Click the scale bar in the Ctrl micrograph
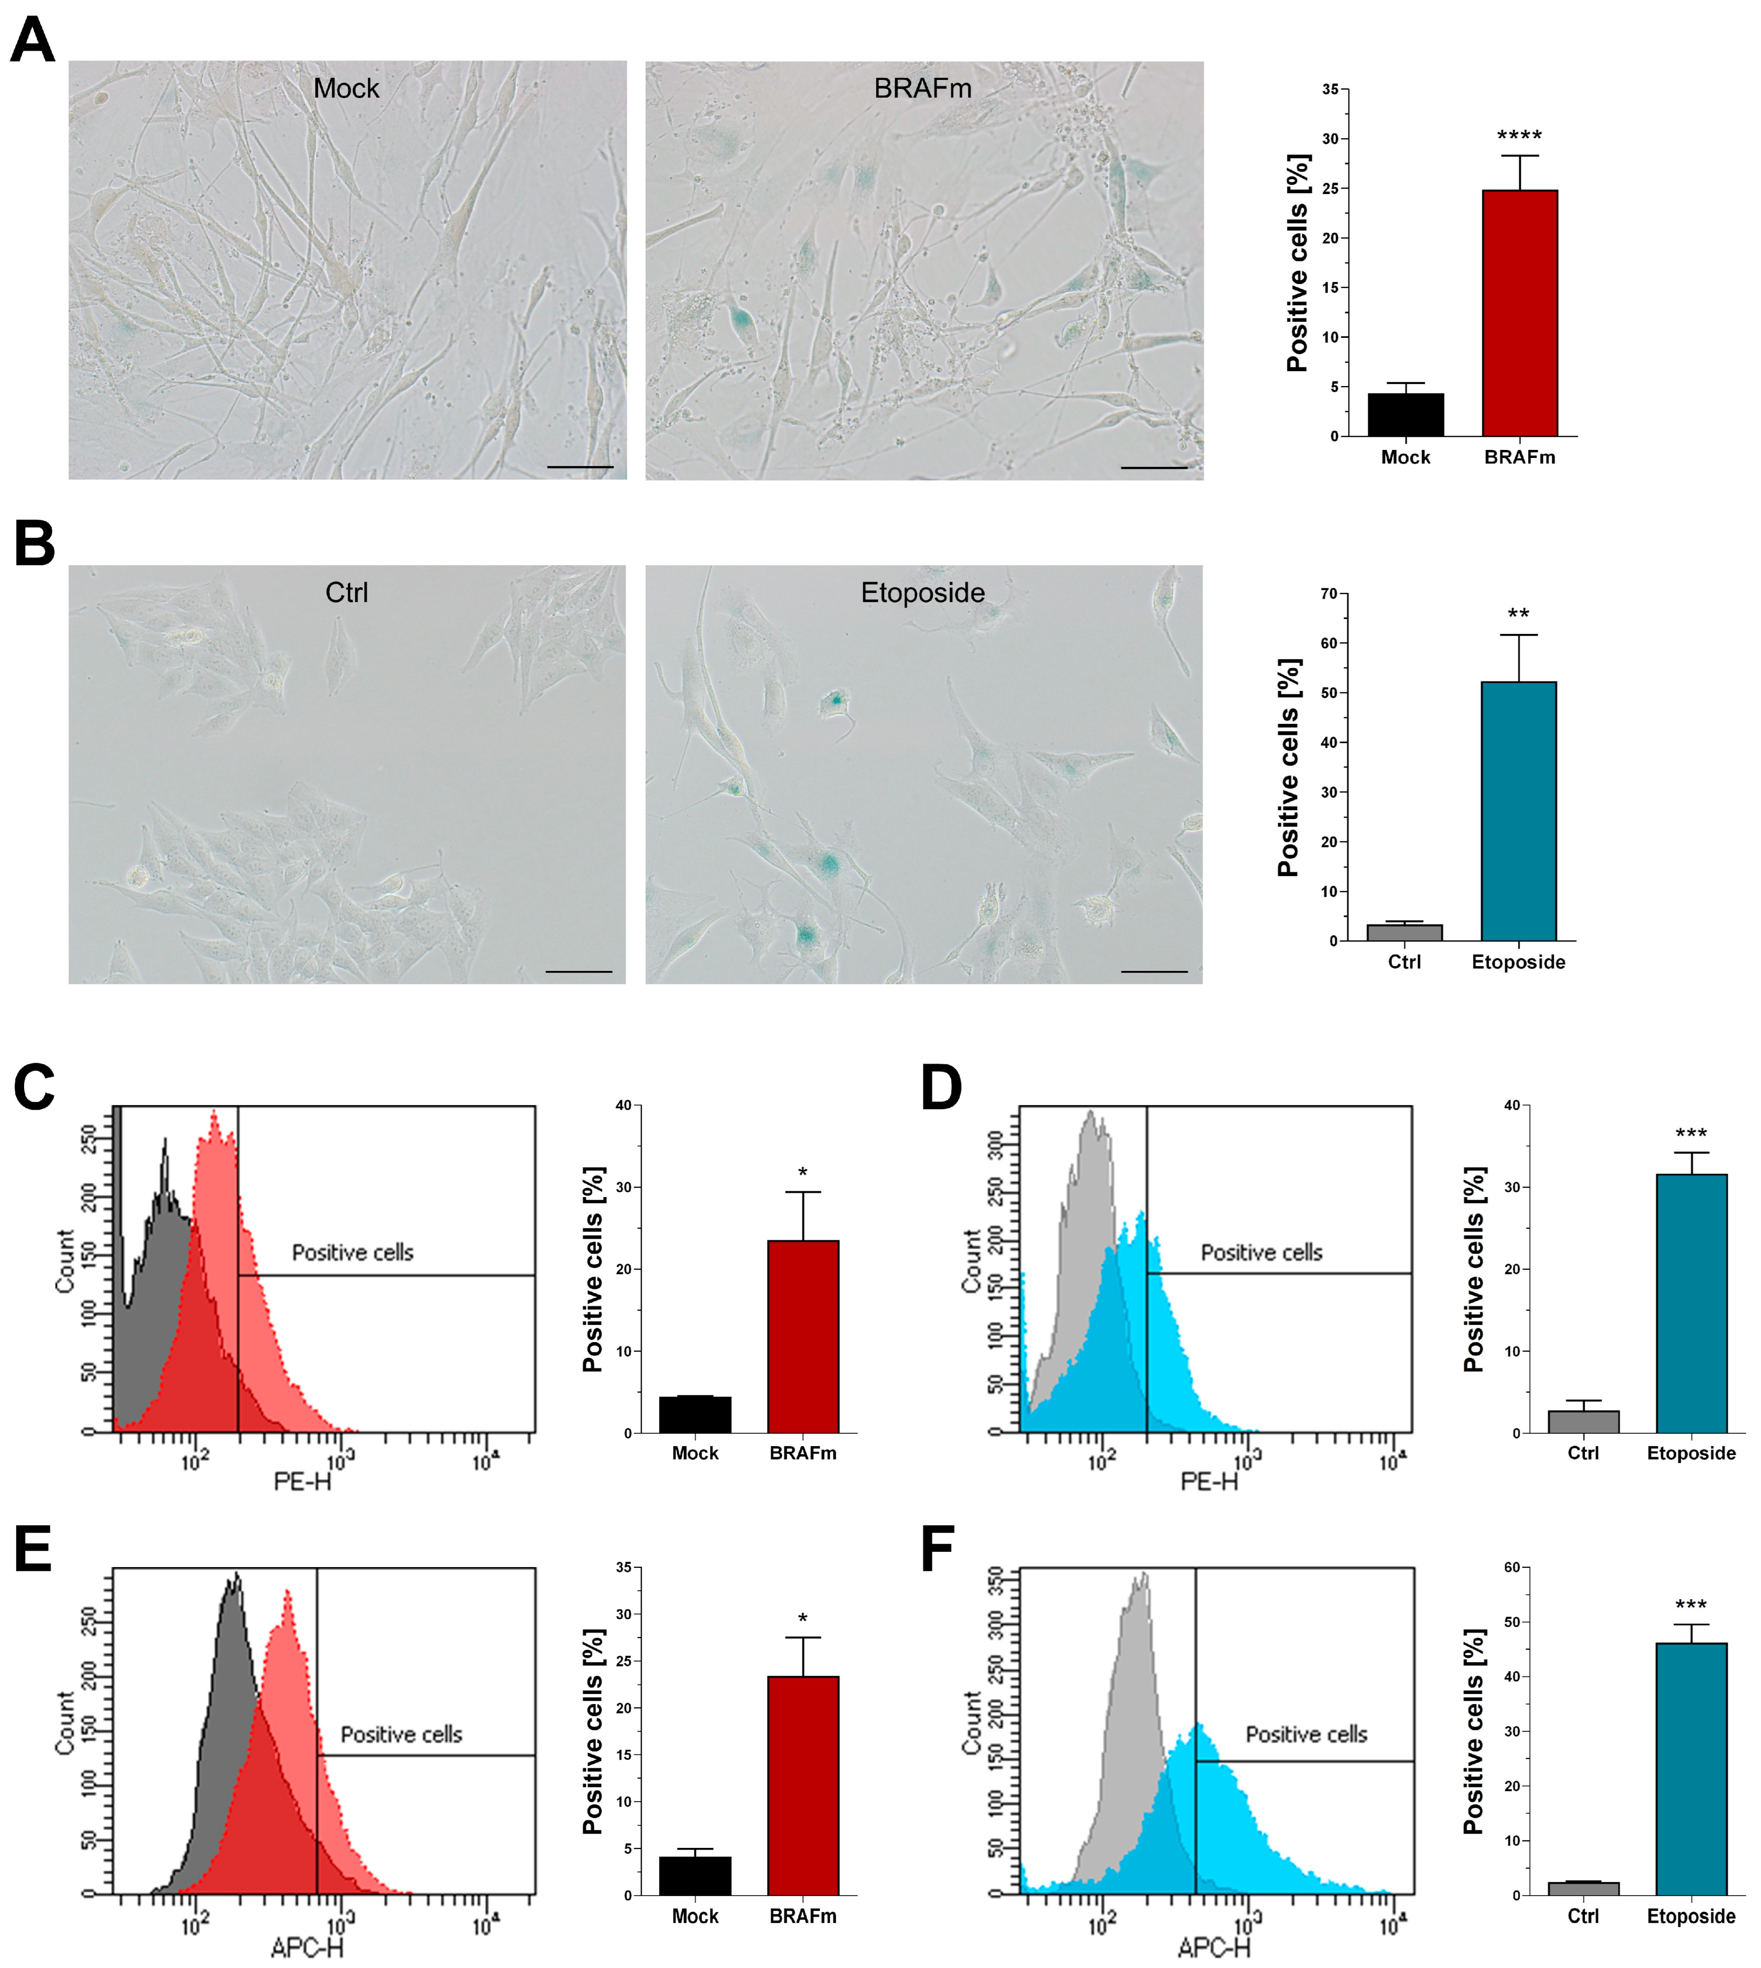(578, 970)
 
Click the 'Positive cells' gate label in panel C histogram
(352, 1253)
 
